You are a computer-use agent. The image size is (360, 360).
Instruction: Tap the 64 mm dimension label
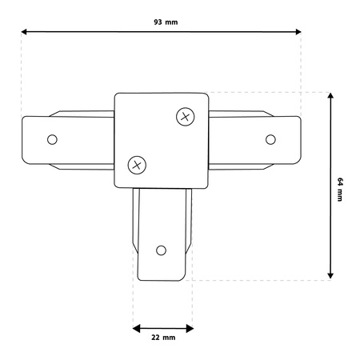click(x=339, y=190)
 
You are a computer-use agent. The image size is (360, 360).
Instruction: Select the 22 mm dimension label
click(x=162, y=338)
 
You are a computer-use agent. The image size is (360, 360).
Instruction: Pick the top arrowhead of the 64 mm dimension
click(x=330, y=97)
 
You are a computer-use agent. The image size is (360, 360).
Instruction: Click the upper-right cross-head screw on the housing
click(x=185, y=117)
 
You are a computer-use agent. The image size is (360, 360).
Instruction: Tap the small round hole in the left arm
click(x=53, y=139)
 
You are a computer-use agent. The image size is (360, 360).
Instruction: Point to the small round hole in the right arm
click(x=270, y=138)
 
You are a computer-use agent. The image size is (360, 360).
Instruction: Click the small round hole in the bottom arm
click(x=162, y=249)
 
